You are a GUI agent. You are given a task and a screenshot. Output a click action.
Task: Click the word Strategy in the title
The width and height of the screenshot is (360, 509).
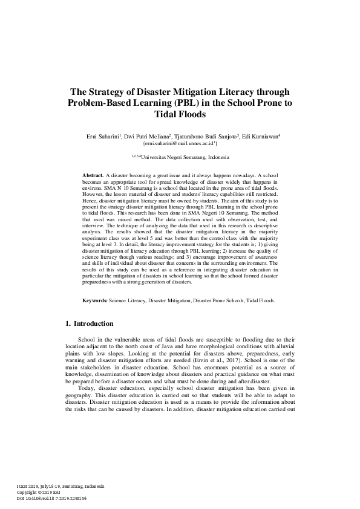(x=112, y=92)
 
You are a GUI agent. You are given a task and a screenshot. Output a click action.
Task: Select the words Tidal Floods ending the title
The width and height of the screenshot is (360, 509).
(x=180, y=114)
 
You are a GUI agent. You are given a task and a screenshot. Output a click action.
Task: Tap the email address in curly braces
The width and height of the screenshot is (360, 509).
(x=180, y=144)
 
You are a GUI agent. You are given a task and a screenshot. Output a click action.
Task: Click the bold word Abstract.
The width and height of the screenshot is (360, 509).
(x=93, y=175)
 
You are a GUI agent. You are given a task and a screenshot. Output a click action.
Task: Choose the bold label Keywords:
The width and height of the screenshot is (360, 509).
(x=96, y=300)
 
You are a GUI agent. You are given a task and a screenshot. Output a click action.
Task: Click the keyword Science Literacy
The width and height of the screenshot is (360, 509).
(x=127, y=300)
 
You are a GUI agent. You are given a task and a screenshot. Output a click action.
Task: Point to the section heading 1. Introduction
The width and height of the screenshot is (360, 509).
(x=92, y=325)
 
